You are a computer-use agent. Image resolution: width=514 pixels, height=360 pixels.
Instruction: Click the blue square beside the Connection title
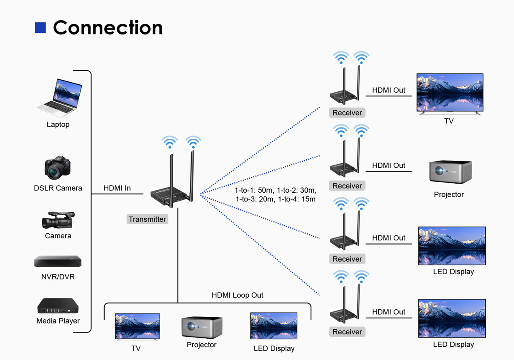(x=40, y=28)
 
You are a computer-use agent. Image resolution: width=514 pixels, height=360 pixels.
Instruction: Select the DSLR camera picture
(x=58, y=168)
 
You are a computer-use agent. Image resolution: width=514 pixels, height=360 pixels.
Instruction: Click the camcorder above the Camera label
(x=58, y=220)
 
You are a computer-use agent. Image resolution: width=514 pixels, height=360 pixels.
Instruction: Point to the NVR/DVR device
(x=58, y=261)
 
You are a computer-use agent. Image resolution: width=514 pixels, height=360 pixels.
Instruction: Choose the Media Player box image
(x=58, y=306)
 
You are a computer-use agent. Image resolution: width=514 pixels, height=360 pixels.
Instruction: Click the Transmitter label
(x=147, y=219)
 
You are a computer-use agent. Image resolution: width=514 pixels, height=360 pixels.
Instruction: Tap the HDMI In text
(x=117, y=188)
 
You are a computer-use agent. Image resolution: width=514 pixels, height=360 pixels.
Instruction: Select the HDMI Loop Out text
(x=237, y=295)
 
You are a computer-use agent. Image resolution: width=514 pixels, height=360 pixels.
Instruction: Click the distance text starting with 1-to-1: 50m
(x=276, y=195)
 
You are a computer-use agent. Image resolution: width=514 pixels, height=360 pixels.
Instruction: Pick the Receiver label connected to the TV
(x=347, y=113)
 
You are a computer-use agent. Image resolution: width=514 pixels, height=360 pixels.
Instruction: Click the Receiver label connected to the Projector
(x=347, y=186)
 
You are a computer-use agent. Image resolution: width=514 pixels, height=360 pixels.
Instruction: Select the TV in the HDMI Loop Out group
(x=137, y=327)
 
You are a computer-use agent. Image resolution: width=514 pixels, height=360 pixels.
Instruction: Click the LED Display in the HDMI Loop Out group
(x=274, y=326)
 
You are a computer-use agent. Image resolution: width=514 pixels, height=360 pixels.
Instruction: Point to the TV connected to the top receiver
(x=450, y=93)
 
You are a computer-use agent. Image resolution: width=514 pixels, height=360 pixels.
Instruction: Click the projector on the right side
(x=450, y=172)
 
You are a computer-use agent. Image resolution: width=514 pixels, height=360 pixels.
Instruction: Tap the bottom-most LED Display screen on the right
(x=452, y=318)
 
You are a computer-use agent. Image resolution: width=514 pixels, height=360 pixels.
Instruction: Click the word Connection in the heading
(x=108, y=28)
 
